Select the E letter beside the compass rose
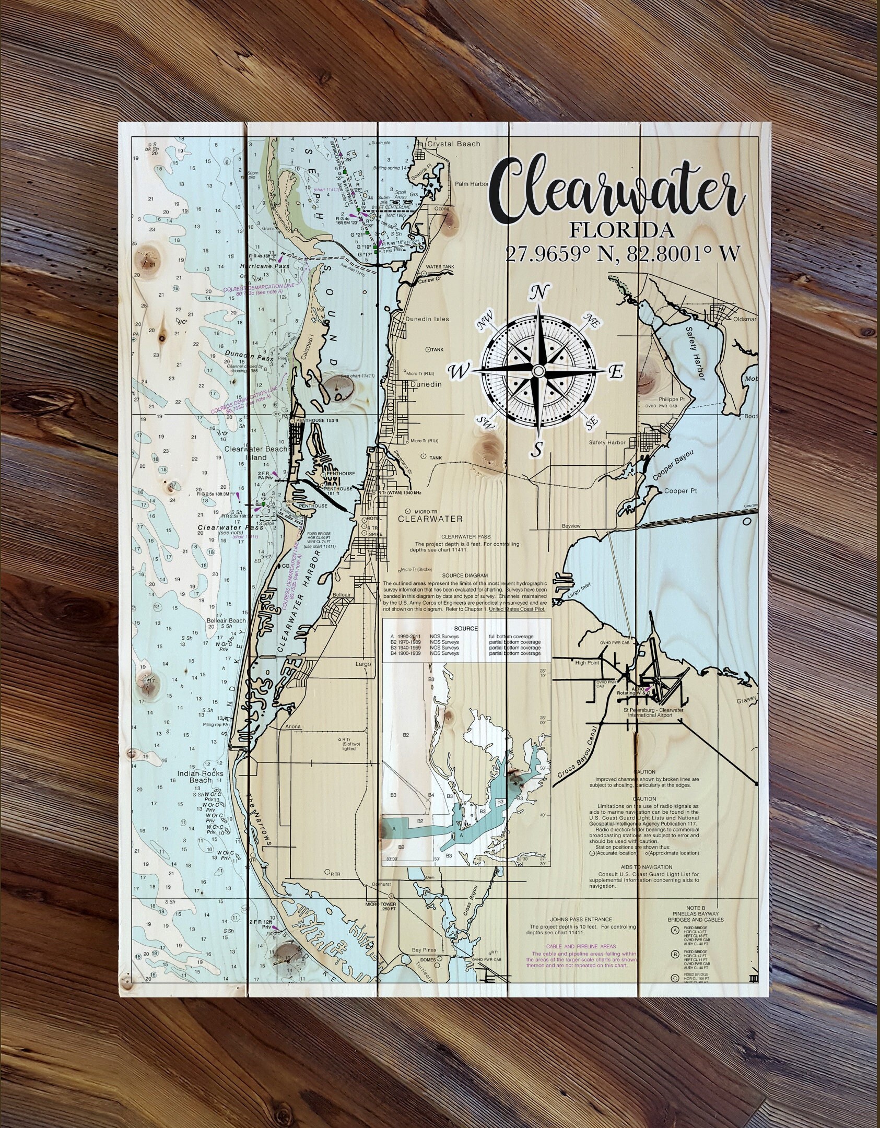click(x=616, y=372)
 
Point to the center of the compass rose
click(x=538, y=370)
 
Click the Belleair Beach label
click(x=226, y=621)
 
